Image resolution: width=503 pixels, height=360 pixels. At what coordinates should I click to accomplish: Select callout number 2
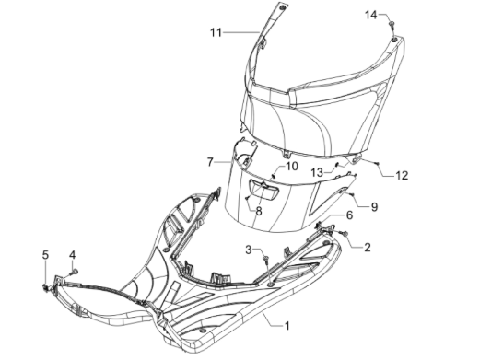(367, 247)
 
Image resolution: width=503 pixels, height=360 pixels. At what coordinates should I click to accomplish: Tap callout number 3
(249, 250)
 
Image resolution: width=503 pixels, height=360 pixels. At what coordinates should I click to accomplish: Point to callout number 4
(73, 254)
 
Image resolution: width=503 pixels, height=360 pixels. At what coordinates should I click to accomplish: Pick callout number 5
(44, 254)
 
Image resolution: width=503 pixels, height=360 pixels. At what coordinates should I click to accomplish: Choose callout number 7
(210, 162)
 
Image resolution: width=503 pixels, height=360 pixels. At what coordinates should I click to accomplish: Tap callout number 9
(374, 206)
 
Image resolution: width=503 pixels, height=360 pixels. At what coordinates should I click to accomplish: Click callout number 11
(215, 33)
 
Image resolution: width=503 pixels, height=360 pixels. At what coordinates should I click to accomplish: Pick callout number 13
(315, 172)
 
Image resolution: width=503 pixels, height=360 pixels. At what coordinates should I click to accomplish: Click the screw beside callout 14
(392, 21)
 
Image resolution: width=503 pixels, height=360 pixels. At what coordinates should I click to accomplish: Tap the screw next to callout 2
(345, 237)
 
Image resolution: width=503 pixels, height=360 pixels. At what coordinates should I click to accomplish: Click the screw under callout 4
(76, 270)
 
